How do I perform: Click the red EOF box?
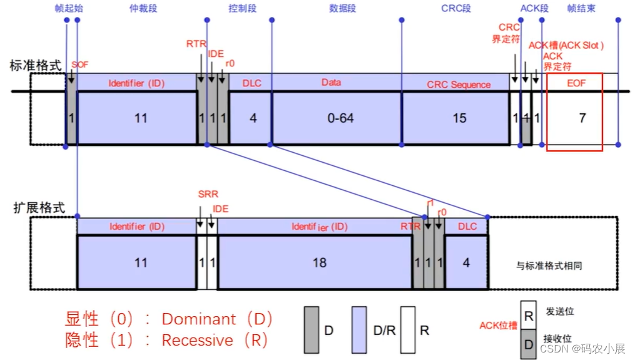(574, 111)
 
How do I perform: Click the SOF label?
(79, 64)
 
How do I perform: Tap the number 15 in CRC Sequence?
(459, 118)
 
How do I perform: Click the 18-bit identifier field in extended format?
(319, 262)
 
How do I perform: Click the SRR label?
(208, 195)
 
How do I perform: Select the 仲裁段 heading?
(143, 8)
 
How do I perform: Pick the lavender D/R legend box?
(359, 329)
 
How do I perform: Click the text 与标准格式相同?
(549, 265)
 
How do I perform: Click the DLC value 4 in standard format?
(253, 118)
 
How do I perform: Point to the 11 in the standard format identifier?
(141, 118)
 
